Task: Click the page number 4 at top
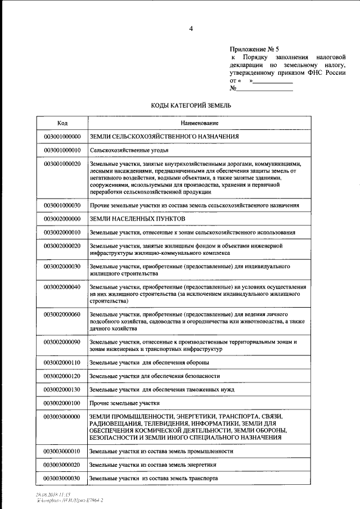click(x=191, y=29)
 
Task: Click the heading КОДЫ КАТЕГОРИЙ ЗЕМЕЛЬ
click(x=191, y=105)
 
